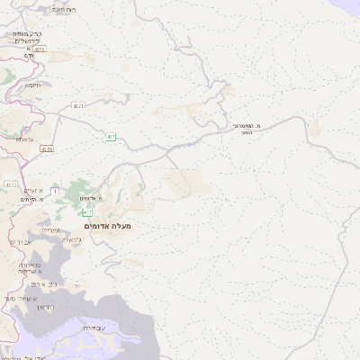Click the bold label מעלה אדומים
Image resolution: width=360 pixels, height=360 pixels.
(107, 225)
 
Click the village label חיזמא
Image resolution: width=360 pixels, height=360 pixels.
(32, 85)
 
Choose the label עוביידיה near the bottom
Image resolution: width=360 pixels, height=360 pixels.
(94, 328)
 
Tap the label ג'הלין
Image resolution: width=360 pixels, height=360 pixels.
(76, 241)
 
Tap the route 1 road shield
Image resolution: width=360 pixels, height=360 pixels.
(55, 191)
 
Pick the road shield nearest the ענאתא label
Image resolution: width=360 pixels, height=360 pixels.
(48, 149)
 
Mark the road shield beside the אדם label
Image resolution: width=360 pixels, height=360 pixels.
(40, 49)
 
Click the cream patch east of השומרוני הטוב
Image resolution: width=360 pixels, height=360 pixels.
(314, 130)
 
